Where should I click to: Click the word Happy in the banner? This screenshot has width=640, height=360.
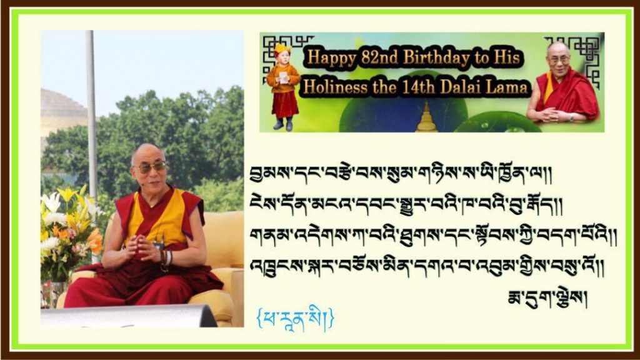(331, 57)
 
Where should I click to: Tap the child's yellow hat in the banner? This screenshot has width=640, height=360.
(281, 49)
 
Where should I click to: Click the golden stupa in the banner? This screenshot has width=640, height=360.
(426, 117)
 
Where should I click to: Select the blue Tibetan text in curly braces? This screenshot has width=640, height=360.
(296, 317)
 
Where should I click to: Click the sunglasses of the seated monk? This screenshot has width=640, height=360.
(149, 167)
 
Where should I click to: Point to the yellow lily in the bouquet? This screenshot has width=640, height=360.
(68, 195)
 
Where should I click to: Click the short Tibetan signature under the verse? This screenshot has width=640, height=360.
(547, 299)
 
